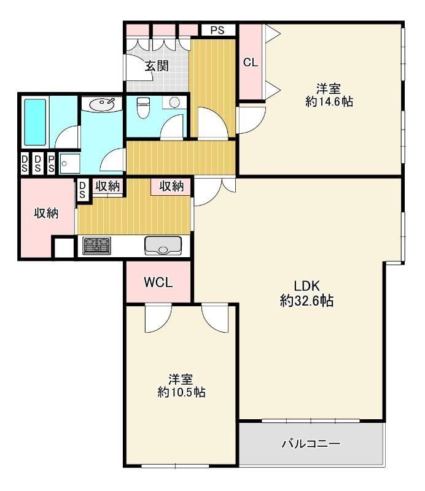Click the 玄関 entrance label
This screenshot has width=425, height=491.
pyautogui.click(x=157, y=66)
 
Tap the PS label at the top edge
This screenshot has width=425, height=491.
pyautogui.click(x=217, y=29)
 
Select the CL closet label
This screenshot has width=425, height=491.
pyautogui.click(x=250, y=62)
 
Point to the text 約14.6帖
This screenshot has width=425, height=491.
pyautogui.click(x=329, y=102)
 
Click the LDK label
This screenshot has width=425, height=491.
pyautogui.click(x=306, y=285)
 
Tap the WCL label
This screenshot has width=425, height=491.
pyautogui.click(x=158, y=282)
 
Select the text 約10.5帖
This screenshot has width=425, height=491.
pyautogui.click(x=181, y=392)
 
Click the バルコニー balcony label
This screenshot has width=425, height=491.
pyautogui.click(x=311, y=443)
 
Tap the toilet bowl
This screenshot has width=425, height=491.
pyautogui.click(x=143, y=107)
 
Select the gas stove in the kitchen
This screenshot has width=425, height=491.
pyautogui.click(x=95, y=245)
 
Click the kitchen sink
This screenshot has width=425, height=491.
pyautogui.click(x=163, y=245)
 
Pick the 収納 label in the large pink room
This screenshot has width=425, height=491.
pyautogui.click(x=45, y=214)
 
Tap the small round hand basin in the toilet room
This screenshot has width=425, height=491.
pyautogui.click(x=174, y=102)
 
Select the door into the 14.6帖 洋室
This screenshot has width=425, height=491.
pyautogui.click(x=251, y=120)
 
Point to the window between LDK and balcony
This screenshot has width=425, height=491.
pyautogui.click(x=310, y=420)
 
